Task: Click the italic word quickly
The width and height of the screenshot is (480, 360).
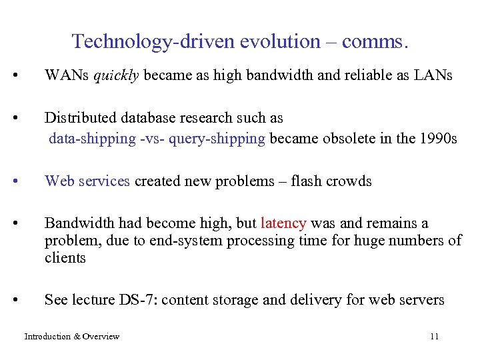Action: [x=116, y=75]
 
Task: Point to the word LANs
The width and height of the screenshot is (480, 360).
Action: [x=433, y=75]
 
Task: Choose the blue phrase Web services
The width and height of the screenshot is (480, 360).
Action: [x=87, y=181]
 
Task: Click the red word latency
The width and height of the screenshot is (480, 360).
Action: [x=284, y=223]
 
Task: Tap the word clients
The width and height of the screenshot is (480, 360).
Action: [x=65, y=257]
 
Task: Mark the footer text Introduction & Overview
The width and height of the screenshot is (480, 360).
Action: [x=72, y=337]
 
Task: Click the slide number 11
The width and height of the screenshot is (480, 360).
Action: [x=434, y=337]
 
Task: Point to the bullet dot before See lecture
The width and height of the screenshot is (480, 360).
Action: [x=24, y=300]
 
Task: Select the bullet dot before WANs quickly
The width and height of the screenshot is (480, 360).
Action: [x=24, y=75]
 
